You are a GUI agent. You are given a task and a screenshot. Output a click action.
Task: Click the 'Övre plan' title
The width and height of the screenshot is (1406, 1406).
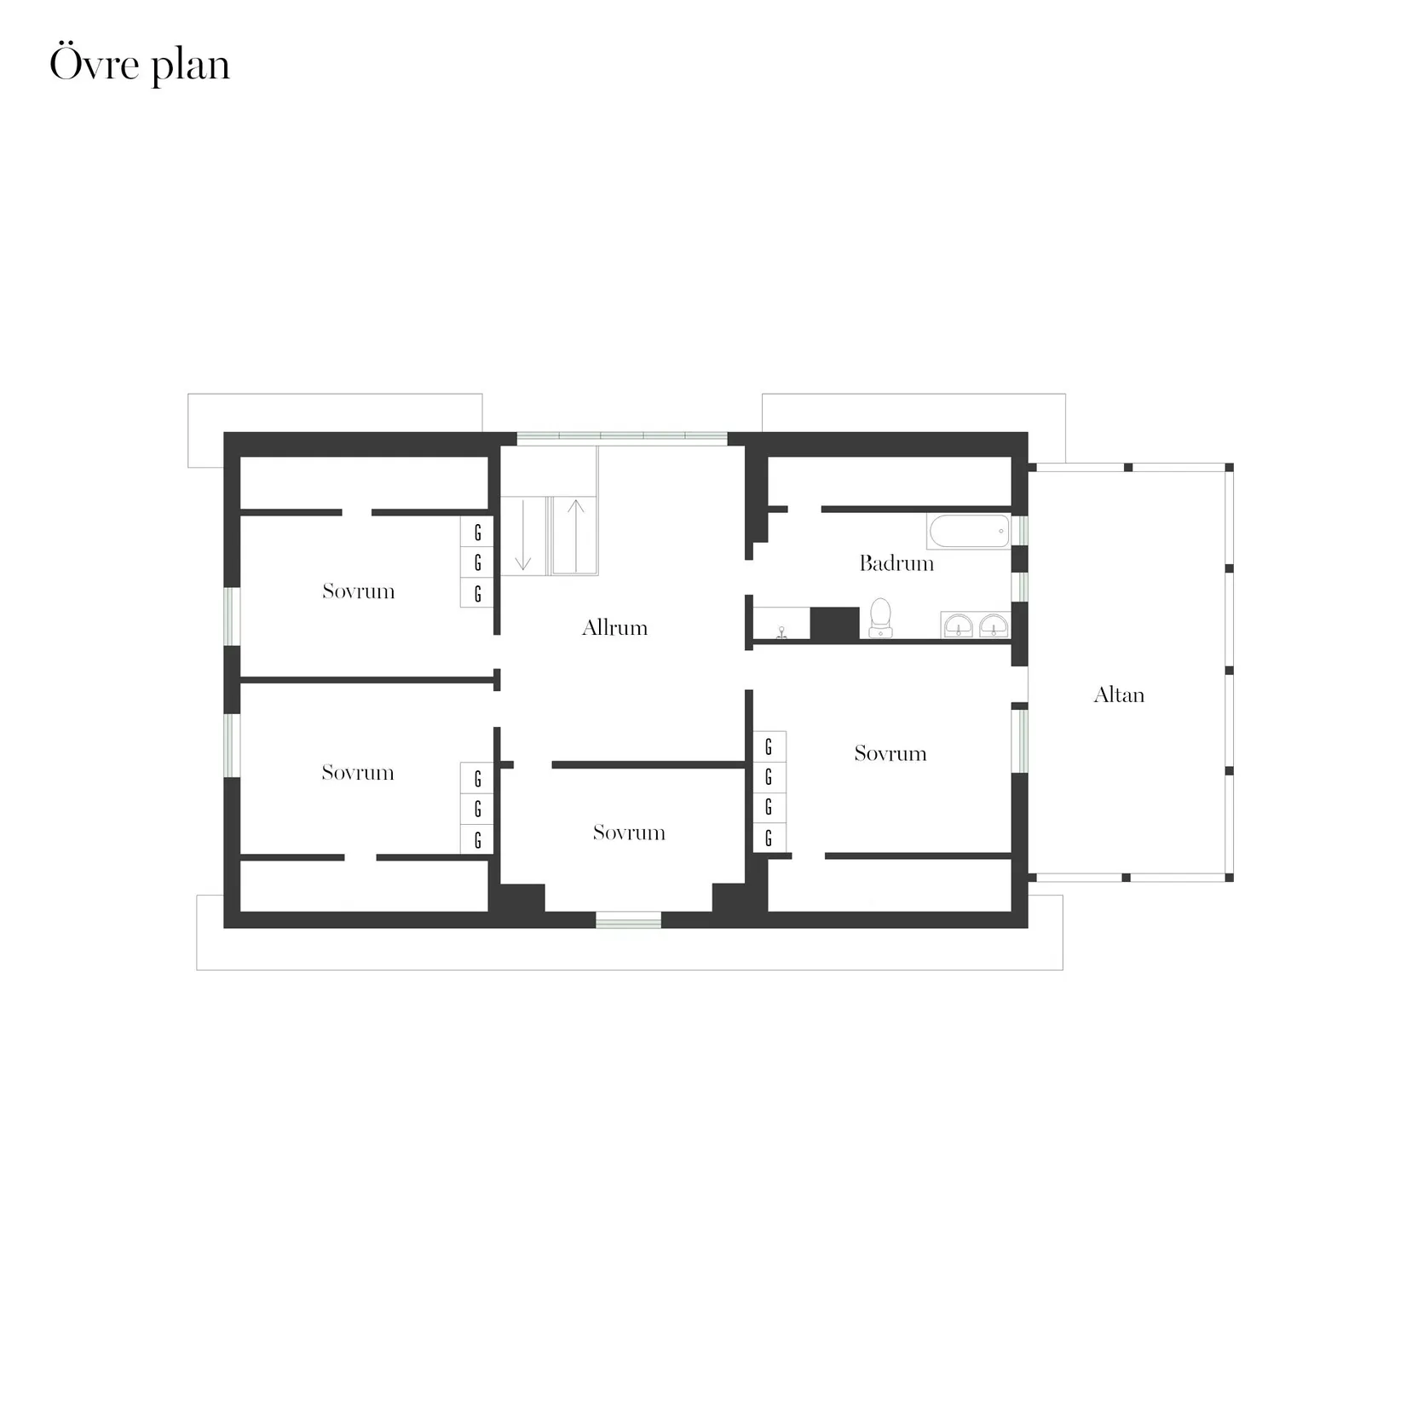[x=140, y=66]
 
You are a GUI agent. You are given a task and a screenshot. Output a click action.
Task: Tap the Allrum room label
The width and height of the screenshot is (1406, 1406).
[x=614, y=628]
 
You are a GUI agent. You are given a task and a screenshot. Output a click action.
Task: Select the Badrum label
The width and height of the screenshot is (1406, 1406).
[x=896, y=563]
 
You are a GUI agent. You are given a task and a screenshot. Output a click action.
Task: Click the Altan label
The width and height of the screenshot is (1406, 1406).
[x=1118, y=695]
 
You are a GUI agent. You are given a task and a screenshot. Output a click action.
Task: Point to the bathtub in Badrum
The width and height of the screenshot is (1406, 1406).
[x=969, y=531]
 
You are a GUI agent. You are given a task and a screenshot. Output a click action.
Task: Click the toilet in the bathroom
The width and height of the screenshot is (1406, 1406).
[x=880, y=617]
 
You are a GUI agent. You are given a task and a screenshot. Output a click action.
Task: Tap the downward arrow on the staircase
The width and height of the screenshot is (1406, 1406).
[x=523, y=536]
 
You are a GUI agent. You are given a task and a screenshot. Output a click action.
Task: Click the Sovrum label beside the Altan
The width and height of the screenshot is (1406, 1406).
[x=890, y=753]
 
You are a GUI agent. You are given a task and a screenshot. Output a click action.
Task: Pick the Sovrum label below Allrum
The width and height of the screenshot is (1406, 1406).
[x=629, y=833]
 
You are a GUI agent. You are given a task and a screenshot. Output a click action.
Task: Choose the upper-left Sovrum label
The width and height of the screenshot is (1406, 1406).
[x=358, y=591]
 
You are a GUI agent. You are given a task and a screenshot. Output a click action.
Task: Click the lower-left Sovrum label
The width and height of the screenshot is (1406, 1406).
[x=358, y=773]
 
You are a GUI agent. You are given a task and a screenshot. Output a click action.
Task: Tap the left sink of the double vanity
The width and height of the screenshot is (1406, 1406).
[x=959, y=626]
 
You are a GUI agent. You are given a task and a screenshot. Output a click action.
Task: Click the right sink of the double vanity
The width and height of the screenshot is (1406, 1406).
[x=994, y=626]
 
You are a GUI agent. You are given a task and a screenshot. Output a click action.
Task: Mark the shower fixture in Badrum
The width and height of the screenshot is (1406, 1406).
[x=781, y=631]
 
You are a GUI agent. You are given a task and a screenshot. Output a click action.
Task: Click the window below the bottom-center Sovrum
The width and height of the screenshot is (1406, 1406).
[x=628, y=919]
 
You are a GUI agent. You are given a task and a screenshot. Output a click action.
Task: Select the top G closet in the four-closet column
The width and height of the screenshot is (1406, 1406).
[x=769, y=747]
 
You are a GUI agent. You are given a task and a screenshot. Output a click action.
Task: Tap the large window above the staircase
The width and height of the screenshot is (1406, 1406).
[x=622, y=439]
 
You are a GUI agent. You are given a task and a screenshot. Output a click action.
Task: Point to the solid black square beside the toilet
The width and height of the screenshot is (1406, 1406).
[x=833, y=624]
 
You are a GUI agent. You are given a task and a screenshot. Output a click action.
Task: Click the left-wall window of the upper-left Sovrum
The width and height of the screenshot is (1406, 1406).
[x=232, y=615]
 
